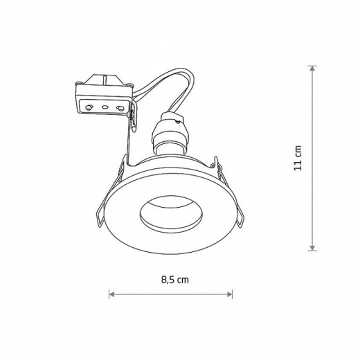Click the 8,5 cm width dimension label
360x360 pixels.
175,280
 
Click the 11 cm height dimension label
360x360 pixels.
298,158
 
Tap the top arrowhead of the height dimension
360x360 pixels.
312,69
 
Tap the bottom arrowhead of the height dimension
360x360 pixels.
312,248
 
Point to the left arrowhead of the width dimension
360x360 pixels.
111,294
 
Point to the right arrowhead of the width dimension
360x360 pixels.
230,294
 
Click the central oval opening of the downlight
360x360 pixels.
171,215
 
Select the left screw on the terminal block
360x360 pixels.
89,107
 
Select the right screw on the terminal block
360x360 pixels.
120,108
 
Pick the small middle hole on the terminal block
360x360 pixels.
105,107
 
